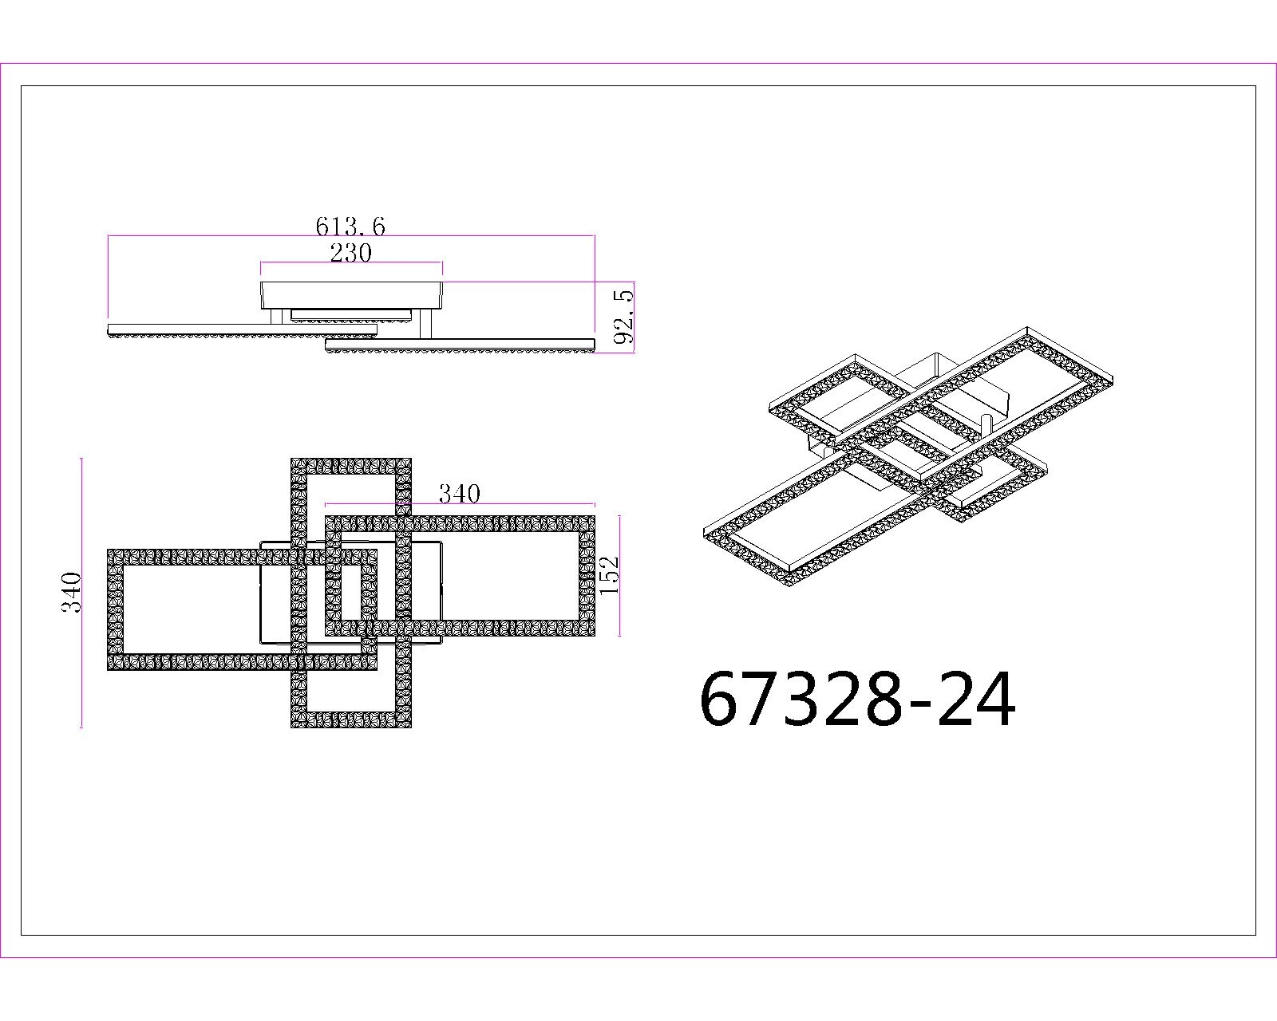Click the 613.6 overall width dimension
point(350,227)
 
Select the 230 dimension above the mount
point(350,253)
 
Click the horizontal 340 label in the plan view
point(460,495)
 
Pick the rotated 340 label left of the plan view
point(73,592)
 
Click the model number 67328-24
point(857,700)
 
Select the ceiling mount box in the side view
point(351,294)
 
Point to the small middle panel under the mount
point(351,314)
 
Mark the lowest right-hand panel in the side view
point(461,344)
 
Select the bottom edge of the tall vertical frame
point(351,719)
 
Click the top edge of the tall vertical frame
point(351,467)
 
